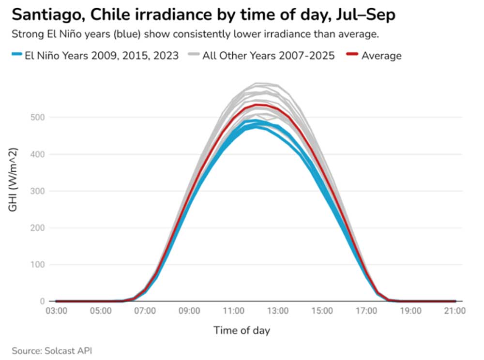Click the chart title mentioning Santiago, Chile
[203, 15]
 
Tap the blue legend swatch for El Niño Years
[16, 54]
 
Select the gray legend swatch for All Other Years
[194, 54]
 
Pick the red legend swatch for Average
[352, 54]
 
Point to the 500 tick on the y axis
[38, 117]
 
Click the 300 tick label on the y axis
[38, 191]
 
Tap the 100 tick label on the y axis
[38, 265]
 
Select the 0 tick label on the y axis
[42, 301]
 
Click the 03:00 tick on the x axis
[57, 311]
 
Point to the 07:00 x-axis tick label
[145, 311]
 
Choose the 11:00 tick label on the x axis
[234, 311]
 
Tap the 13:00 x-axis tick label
[278, 311]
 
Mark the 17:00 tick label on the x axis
[366, 311]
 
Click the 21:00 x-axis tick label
[455, 311]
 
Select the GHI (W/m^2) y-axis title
[13, 180]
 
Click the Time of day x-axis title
[242, 330]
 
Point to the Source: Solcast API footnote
[52, 351]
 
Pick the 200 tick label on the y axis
[38, 228]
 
